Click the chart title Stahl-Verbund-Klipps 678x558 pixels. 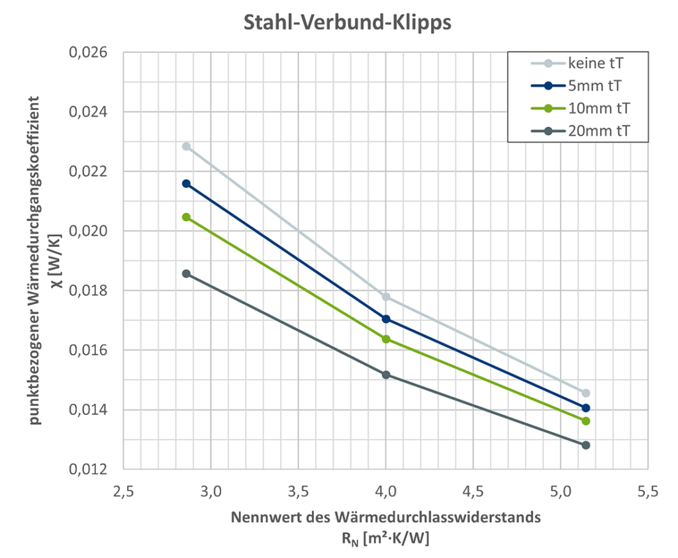point(348,23)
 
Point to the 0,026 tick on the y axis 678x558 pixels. point(89,52)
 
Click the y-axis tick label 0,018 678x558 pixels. point(89,291)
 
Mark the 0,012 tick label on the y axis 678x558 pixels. point(89,469)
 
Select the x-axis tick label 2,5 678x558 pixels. point(123,492)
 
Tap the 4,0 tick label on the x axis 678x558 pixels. point(386,492)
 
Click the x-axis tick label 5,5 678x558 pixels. point(648,492)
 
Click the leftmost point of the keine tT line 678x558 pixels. point(187,146)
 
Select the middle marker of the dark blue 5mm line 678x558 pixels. point(386,319)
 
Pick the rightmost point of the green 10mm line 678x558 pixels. point(585,421)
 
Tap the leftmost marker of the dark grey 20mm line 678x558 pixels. point(187,273)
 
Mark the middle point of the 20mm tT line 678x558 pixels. point(386,375)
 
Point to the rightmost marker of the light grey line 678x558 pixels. point(585,393)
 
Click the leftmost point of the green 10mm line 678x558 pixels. point(187,217)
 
